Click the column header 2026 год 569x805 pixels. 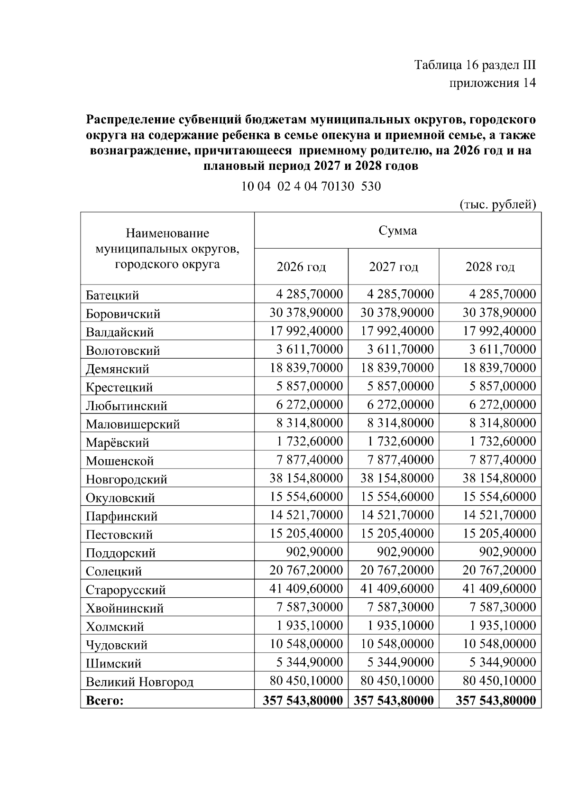pyautogui.click(x=301, y=267)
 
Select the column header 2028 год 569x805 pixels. pyautogui.click(x=490, y=267)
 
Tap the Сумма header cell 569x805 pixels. pyautogui.click(x=397, y=231)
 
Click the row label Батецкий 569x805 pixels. pyautogui.click(x=112, y=295)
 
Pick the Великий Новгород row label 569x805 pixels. pyautogui.click(x=139, y=682)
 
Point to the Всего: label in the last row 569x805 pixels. pyautogui.click(x=104, y=700)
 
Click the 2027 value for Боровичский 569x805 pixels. pyautogui.click(x=397, y=313)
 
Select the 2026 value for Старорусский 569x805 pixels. pyautogui.click(x=306, y=589)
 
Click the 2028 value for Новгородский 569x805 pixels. pyautogui.click(x=499, y=478)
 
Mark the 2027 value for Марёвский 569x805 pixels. pyautogui.click(x=401, y=441)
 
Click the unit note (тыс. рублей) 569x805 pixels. pyautogui.click(x=498, y=204)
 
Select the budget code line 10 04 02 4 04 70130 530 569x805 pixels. pyautogui.click(x=311, y=186)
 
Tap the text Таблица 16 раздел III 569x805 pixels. pyautogui.click(x=475, y=65)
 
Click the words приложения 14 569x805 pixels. pyautogui.click(x=492, y=83)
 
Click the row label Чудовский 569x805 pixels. pyautogui.click(x=117, y=645)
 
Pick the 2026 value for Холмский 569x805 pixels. pyautogui.click(x=310, y=625)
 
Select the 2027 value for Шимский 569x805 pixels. pyautogui.click(x=401, y=662)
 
